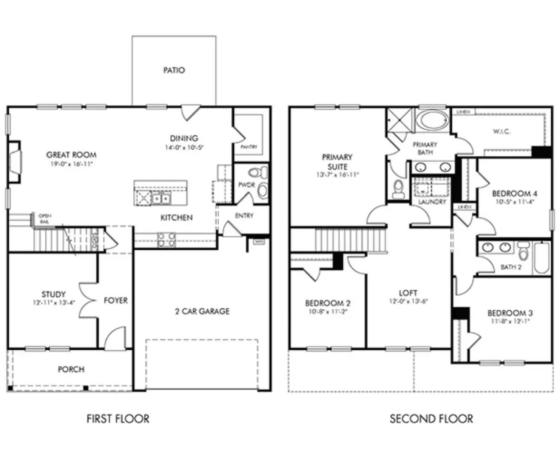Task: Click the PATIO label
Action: (x=174, y=70)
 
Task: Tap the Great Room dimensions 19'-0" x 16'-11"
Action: (x=71, y=164)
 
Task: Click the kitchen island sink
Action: (x=161, y=199)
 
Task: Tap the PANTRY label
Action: (x=249, y=147)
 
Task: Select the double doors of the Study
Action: (x=85, y=300)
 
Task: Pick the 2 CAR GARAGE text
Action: (x=202, y=311)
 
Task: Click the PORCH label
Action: (x=71, y=369)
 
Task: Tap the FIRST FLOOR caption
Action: (x=118, y=419)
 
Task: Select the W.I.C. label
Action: (x=501, y=132)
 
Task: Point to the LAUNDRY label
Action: (x=432, y=202)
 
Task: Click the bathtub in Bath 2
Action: (x=542, y=258)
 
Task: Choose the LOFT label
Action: (x=408, y=293)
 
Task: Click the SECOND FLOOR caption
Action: (x=431, y=419)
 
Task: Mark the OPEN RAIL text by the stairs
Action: (x=45, y=219)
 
